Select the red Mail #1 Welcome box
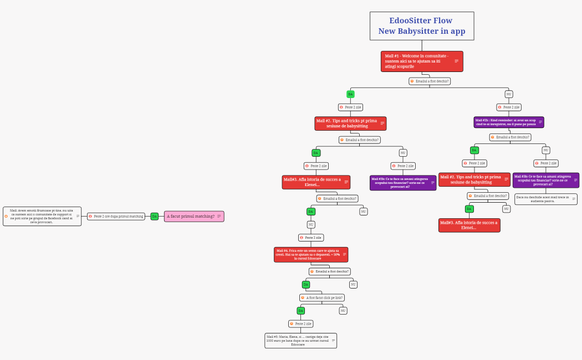pos(418,61)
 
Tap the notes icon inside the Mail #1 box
pos(457,61)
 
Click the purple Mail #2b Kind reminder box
pos(509,122)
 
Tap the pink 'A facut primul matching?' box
pos(191,216)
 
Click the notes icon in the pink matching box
pos(219,216)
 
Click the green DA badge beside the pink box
pos(155,216)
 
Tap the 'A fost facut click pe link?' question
pos(322,297)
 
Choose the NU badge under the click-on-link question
pos(343,310)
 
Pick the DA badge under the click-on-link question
pos(301,310)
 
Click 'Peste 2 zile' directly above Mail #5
pos(301,323)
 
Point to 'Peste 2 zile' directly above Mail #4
pos(311,237)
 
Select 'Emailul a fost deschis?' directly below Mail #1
pos(430,81)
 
